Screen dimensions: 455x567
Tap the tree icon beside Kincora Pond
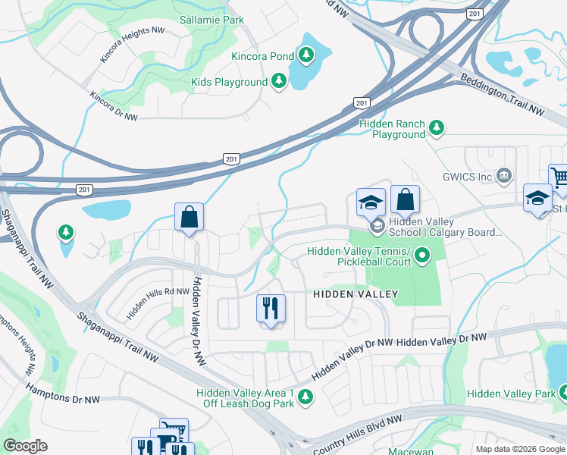point(306,54)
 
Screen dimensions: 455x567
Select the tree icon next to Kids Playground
point(279,81)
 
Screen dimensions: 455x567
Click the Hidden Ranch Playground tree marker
point(436,128)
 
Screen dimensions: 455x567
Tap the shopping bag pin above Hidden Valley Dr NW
point(189,218)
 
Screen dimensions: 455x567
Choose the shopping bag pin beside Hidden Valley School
point(405,200)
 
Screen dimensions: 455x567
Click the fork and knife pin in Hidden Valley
point(271,309)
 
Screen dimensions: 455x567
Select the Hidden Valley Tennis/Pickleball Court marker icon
point(422,256)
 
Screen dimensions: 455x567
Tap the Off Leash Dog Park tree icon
point(305,397)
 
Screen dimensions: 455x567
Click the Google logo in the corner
point(26,446)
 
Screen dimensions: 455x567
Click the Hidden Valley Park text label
point(511,393)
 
